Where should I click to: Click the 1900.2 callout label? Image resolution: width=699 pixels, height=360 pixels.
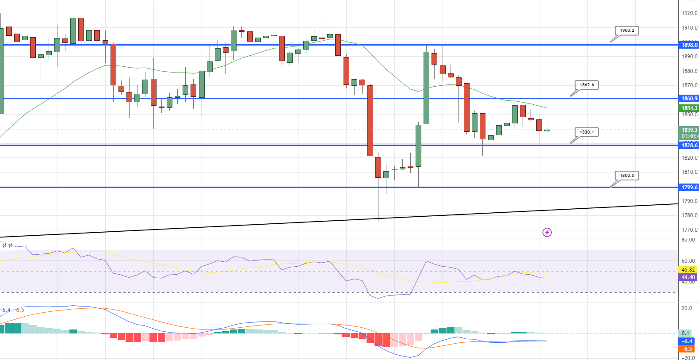point(626,31)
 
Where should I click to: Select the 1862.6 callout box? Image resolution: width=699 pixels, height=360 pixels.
point(587,85)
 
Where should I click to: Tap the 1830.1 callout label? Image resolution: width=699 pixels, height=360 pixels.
point(587,132)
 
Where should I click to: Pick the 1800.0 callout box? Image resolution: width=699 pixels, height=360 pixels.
point(626,176)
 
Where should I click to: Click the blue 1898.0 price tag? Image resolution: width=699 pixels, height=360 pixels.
point(689,45)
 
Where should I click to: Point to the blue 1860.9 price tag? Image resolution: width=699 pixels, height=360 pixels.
point(689,99)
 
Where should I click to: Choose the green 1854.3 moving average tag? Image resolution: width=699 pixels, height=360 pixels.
point(689,108)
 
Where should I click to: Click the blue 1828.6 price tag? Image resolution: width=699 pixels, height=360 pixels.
point(689,146)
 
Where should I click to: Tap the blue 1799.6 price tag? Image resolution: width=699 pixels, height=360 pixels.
point(689,188)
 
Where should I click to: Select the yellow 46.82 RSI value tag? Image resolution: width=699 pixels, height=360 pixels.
point(688,270)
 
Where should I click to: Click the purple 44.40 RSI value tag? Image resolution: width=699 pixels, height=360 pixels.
point(688,277)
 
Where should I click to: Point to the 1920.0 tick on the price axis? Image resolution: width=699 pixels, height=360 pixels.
point(689,13)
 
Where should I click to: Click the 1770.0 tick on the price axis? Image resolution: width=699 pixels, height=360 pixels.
point(689,230)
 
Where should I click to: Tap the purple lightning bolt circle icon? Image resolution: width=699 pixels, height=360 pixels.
point(547,232)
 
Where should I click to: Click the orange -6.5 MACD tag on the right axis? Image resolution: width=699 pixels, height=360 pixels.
point(687,349)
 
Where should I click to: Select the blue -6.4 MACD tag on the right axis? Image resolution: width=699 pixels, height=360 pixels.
point(687,341)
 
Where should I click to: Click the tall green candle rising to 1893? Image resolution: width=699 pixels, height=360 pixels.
point(426,88)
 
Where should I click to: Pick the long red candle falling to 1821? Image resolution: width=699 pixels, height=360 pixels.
point(370,120)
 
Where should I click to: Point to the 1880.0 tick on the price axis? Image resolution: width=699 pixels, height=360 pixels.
point(689,71)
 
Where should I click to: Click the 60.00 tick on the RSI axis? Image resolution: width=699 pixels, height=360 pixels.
point(688,261)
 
